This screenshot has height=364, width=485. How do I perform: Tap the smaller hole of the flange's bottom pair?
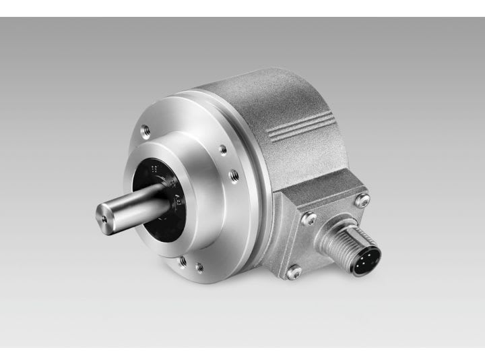click(x=199, y=267)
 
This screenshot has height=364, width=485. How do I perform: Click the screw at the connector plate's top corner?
click(x=362, y=200)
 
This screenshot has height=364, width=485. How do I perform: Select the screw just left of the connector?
click(x=309, y=218)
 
